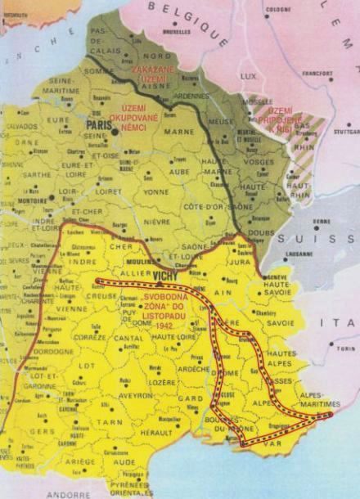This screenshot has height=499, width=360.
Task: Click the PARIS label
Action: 99,126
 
